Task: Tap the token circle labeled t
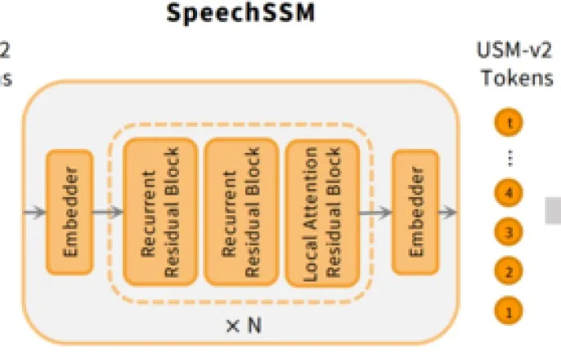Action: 509,123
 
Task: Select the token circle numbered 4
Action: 509,194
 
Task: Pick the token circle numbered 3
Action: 509,232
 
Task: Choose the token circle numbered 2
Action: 509,271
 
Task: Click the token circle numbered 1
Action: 509,310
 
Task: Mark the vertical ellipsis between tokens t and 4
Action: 509,158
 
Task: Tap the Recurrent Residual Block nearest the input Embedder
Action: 160,212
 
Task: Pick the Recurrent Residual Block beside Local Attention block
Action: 240,212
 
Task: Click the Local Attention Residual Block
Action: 321,212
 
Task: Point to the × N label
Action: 243,326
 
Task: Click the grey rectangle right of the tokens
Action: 553,212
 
